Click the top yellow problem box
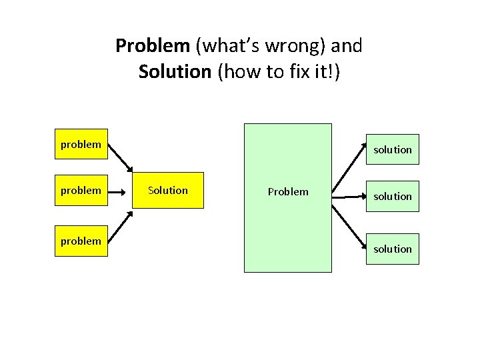click(81, 145)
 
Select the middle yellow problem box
click(81, 191)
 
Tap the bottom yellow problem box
click(81, 241)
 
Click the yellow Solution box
click(167, 191)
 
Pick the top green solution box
click(393, 149)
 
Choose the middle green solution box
click(393, 196)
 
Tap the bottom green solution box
click(393, 249)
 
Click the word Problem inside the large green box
click(288, 192)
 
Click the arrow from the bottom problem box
click(120, 225)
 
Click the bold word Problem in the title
click(153, 46)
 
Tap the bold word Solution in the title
click(175, 71)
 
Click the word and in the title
click(347, 46)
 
